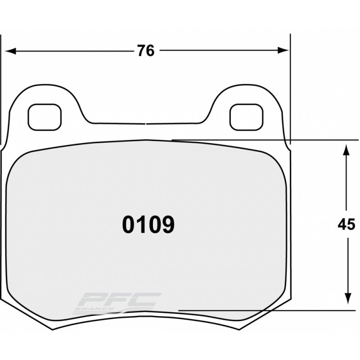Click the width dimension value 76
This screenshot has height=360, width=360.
(x=146, y=51)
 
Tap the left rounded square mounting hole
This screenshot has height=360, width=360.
(x=44, y=116)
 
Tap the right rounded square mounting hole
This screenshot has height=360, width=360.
(x=246, y=116)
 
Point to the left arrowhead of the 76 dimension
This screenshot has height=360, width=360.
(x=9, y=51)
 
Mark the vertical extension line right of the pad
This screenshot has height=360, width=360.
(x=290, y=90)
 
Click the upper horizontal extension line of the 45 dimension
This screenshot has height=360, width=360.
(x=270, y=140)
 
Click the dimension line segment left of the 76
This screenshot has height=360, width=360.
(x=72, y=51)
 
